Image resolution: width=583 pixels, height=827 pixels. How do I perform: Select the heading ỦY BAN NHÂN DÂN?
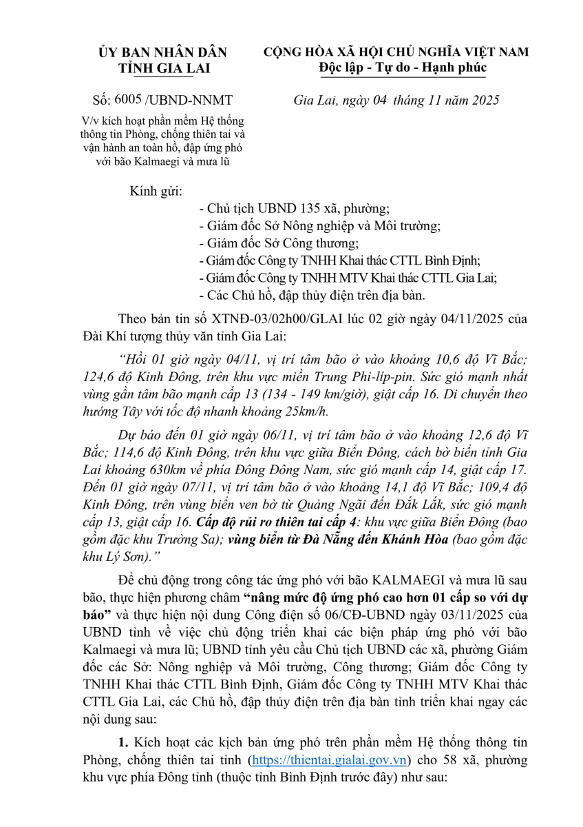click(x=163, y=52)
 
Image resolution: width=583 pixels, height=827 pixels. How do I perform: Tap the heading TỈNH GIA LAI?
click(x=163, y=68)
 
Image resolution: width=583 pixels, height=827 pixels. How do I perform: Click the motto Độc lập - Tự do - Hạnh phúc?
click(x=402, y=68)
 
